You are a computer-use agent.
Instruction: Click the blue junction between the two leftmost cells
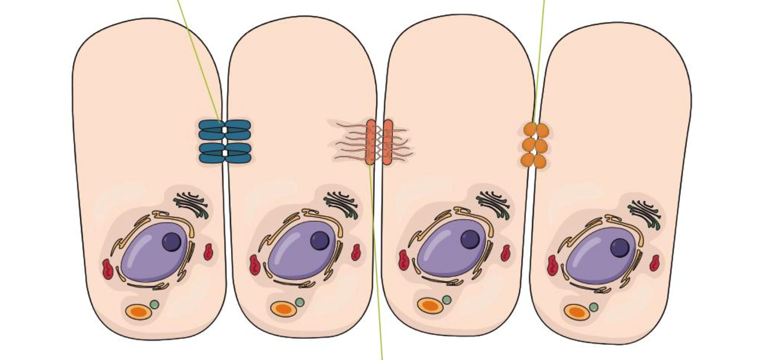[225, 141]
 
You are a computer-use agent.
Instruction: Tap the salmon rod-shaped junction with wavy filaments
[378, 142]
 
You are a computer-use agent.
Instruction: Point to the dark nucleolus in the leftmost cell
[172, 242]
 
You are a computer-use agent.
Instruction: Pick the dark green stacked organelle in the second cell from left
[341, 203]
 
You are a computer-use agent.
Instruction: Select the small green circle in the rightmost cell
[594, 307]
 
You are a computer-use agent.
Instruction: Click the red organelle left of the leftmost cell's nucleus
[108, 270]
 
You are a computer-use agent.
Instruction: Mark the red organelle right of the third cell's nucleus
[505, 252]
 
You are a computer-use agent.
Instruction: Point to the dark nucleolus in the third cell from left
[470, 239]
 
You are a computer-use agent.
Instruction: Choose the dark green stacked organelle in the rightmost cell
[644, 213]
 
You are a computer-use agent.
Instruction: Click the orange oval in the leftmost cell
[138, 312]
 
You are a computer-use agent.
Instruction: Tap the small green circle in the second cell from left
[300, 302]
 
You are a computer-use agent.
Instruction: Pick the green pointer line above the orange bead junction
[539, 59]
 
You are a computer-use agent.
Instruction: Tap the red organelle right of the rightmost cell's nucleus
[654, 263]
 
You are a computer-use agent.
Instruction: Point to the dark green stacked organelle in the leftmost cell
[192, 204]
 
